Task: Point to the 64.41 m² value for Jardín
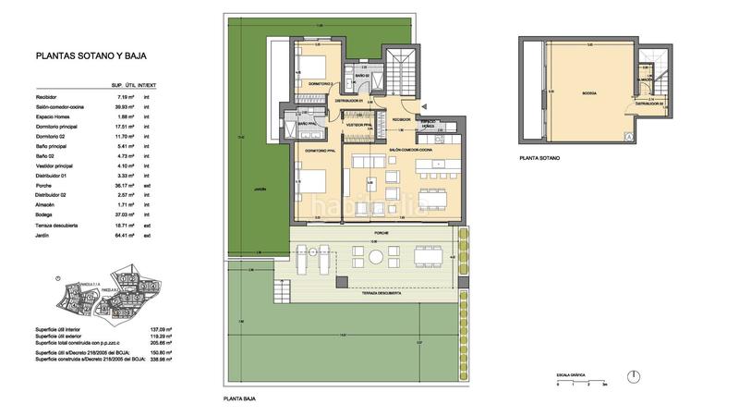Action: (121, 236)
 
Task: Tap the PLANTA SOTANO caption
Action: (539, 157)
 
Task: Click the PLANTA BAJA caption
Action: (238, 399)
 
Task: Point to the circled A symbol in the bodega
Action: (628, 136)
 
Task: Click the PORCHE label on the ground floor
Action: (379, 233)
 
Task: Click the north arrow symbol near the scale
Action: (636, 374)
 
